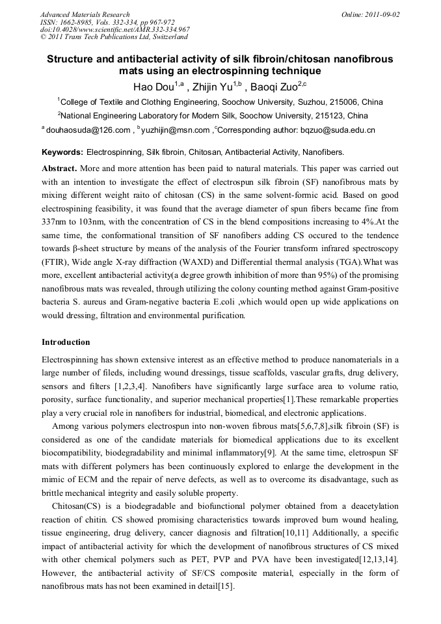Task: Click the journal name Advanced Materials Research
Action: pos(85,14)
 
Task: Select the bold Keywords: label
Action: pos(62,152)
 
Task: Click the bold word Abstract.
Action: pos(59,168)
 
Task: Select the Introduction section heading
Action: pos(66,342)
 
